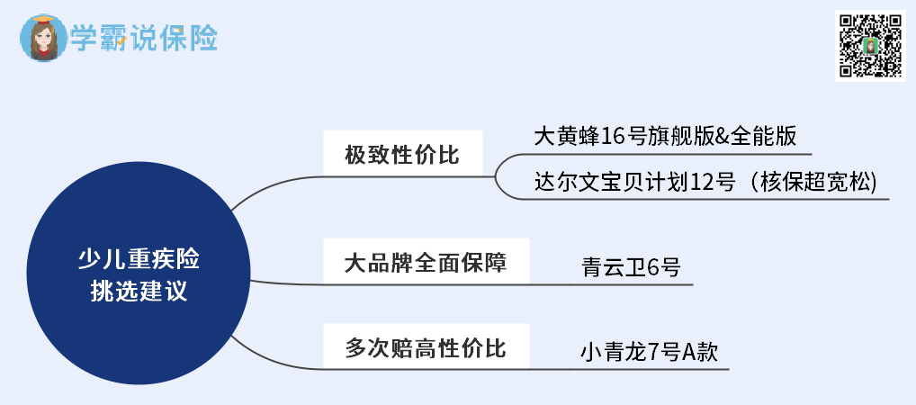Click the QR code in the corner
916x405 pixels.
pyautogui.click(x=869, y=46)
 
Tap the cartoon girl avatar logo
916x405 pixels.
pyautogui.click(x=40, y=39)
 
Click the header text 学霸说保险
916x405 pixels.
pyautogui.click(x=144, y=39)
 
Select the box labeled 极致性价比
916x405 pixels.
pyautogui.click(x=402, y=155)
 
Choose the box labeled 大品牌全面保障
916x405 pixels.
pyautogui.click(x=426, y=263)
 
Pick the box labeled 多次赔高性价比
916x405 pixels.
pyautogui.click(x=426, y=348)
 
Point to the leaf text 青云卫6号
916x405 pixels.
pyautogui.click(x=631, y=267)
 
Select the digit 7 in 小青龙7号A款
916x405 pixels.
pyautogui.click(x=653, y=352)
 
